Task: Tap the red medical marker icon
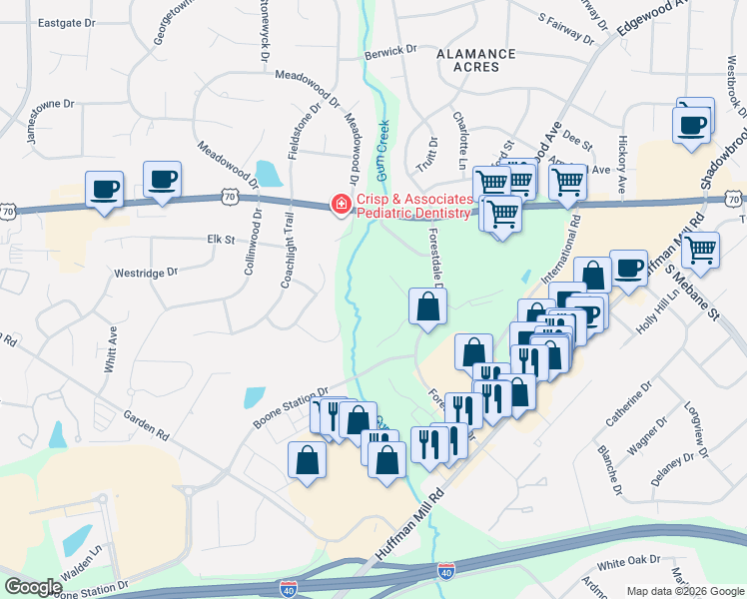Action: point(341,205)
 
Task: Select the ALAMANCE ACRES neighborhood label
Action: point(477,60)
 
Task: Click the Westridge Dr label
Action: point(146,272)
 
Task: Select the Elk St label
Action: point(219,240)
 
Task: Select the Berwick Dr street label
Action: point(389,50)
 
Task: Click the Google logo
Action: point(33,587)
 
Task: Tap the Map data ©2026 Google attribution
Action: point(684,590)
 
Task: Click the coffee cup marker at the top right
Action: point(692,124)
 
